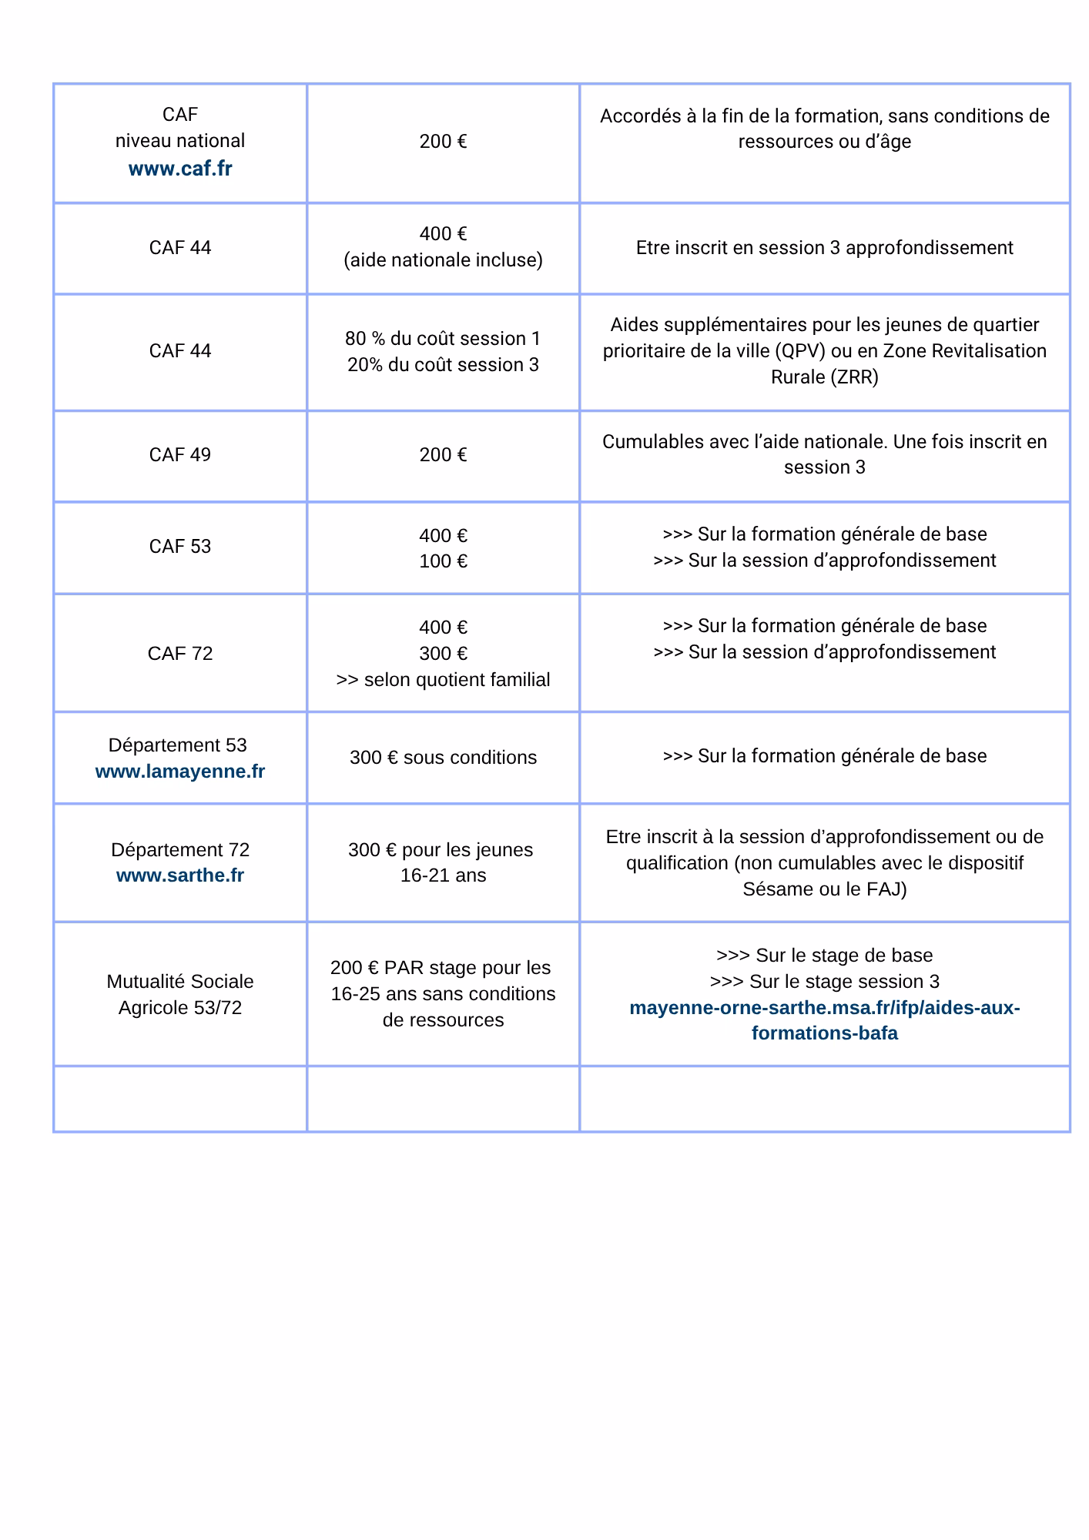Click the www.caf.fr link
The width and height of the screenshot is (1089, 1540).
(x=180, y=169)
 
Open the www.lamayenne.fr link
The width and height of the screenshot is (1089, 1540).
(x=180, y=772)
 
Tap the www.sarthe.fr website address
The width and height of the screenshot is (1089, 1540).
(x=180, y=875)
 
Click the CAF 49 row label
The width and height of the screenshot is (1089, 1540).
(x=180, y=455)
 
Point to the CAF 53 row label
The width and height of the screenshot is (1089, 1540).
(x=180, y=547)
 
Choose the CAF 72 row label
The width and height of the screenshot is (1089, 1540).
(x=180, y=654)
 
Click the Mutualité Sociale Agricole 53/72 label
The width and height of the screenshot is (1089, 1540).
(x=180, y=994)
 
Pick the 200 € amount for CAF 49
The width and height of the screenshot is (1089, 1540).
(x=443, y=455)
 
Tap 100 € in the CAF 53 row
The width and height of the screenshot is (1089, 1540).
(x=443, y=561)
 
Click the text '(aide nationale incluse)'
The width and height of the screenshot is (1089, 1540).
(x=443, y=260)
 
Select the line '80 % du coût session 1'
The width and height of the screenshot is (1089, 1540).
(x=443, y=339)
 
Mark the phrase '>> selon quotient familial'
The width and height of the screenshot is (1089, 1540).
(x=443, y=680)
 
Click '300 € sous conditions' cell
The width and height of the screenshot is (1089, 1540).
(x=443, y=758)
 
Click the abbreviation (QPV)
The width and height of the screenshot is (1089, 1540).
(x=801, y=351)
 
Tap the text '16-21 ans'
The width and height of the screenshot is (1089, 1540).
(x=443, y=875)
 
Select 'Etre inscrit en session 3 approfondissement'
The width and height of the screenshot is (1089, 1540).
(x=824, y=248)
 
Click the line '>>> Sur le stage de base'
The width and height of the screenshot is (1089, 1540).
(x=824, y=956)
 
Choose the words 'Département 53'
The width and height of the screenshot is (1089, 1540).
(x=178, y=745)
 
